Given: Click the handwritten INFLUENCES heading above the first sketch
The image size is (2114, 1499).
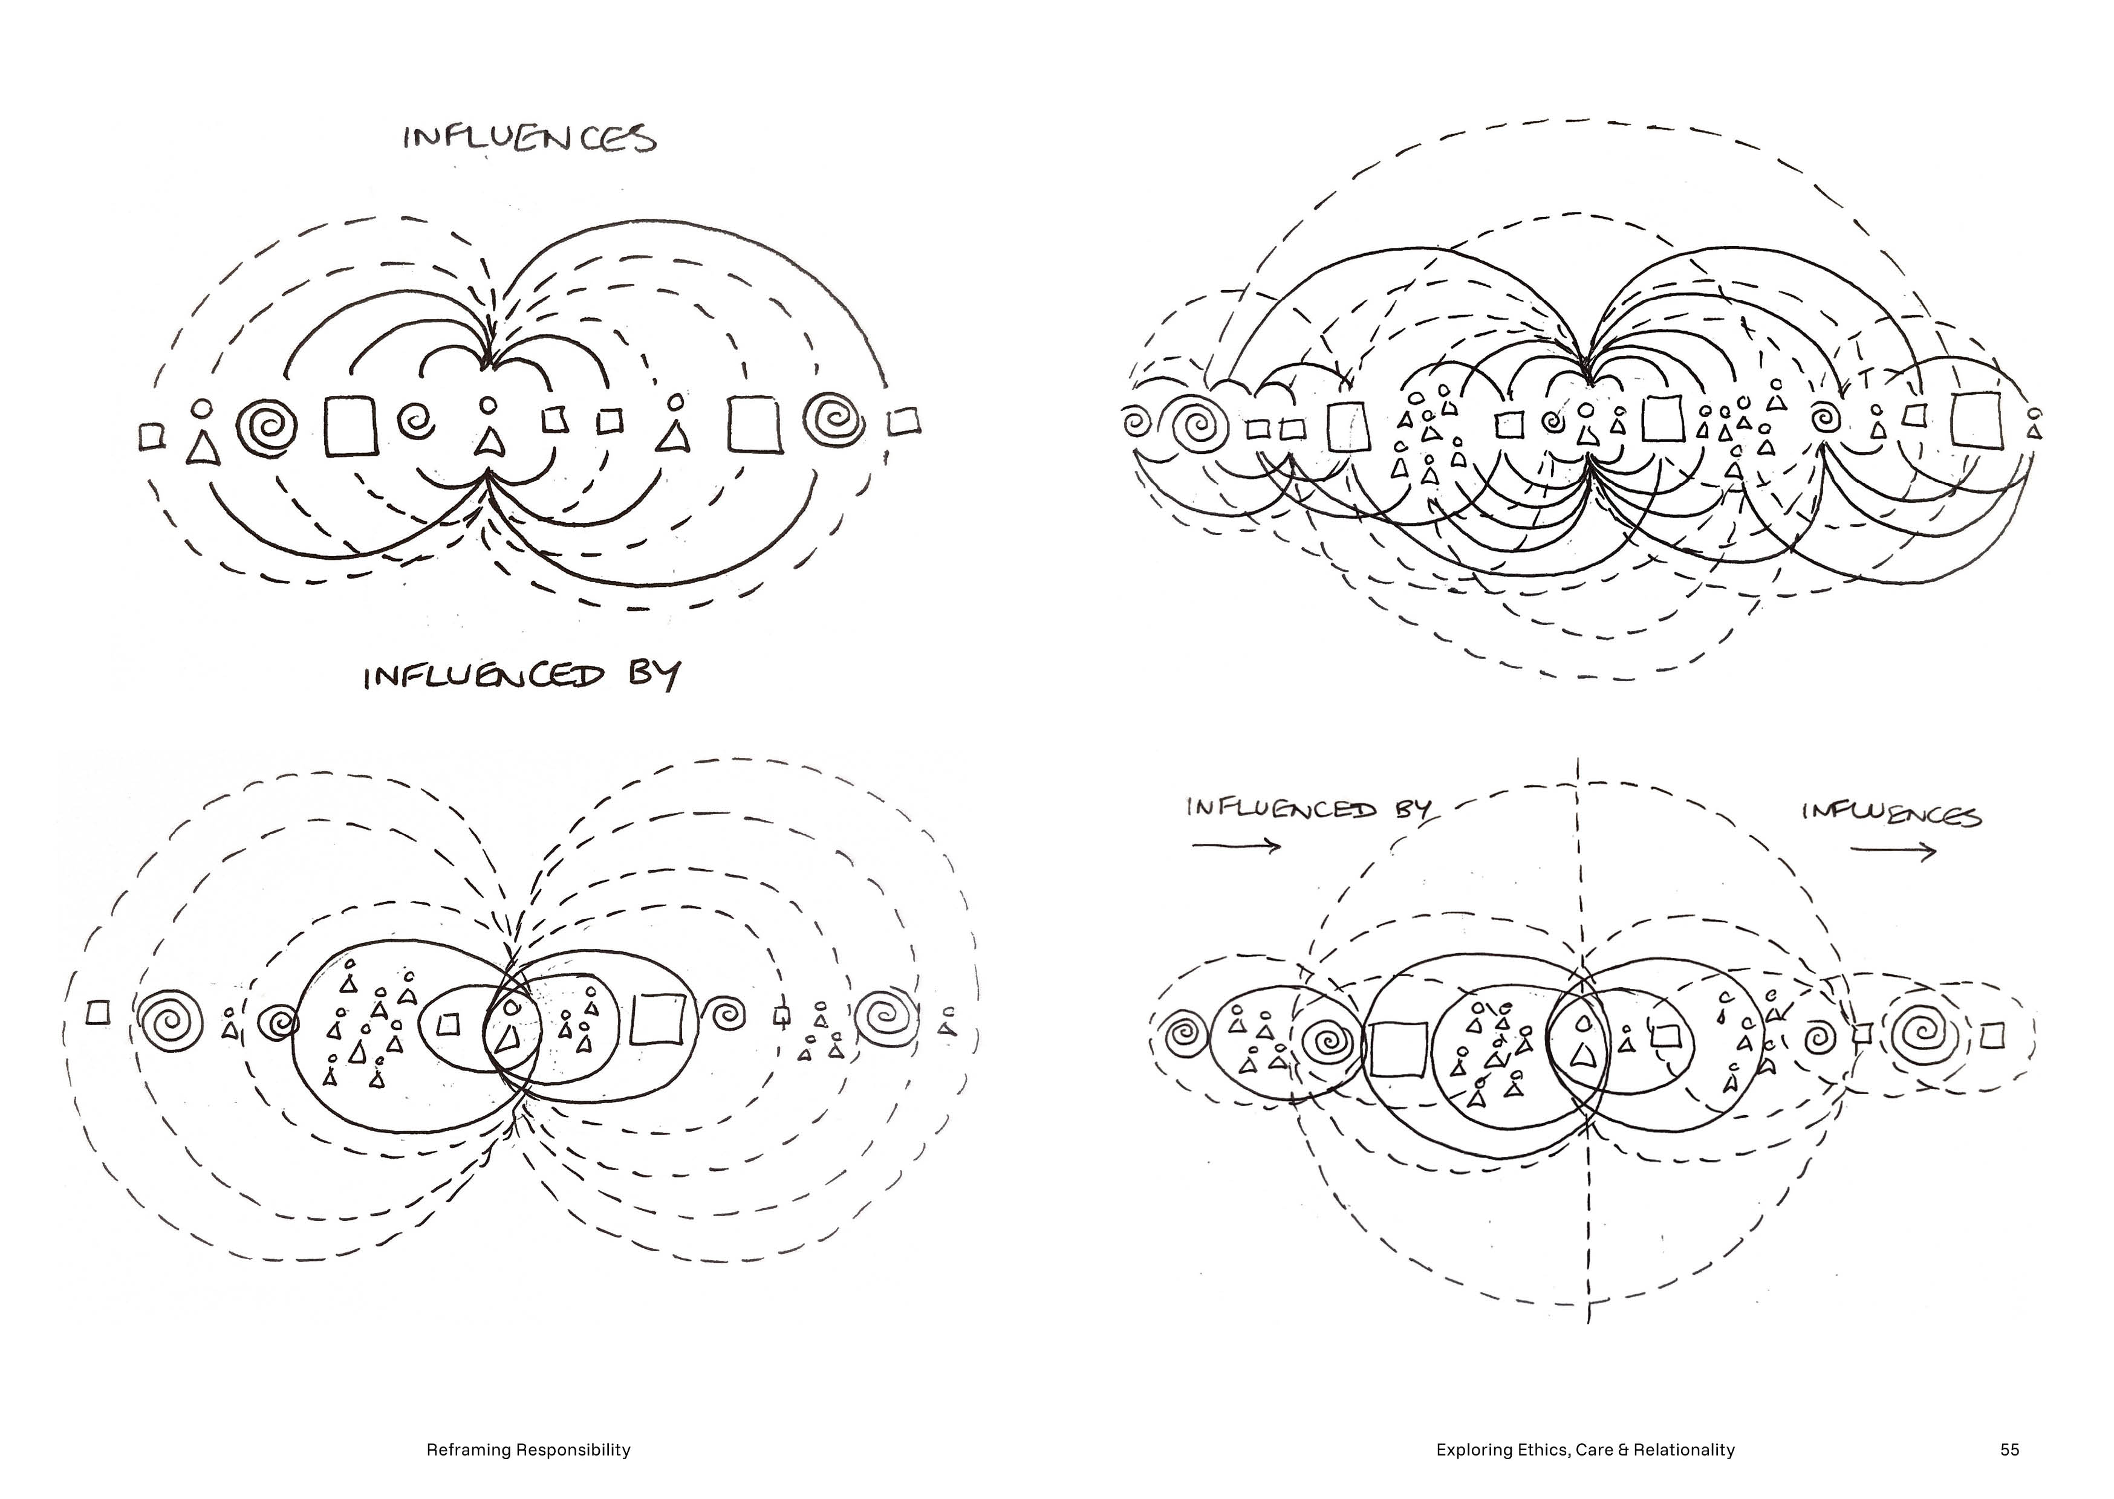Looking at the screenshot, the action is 530,138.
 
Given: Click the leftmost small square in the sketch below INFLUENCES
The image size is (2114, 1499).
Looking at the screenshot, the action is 151,436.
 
